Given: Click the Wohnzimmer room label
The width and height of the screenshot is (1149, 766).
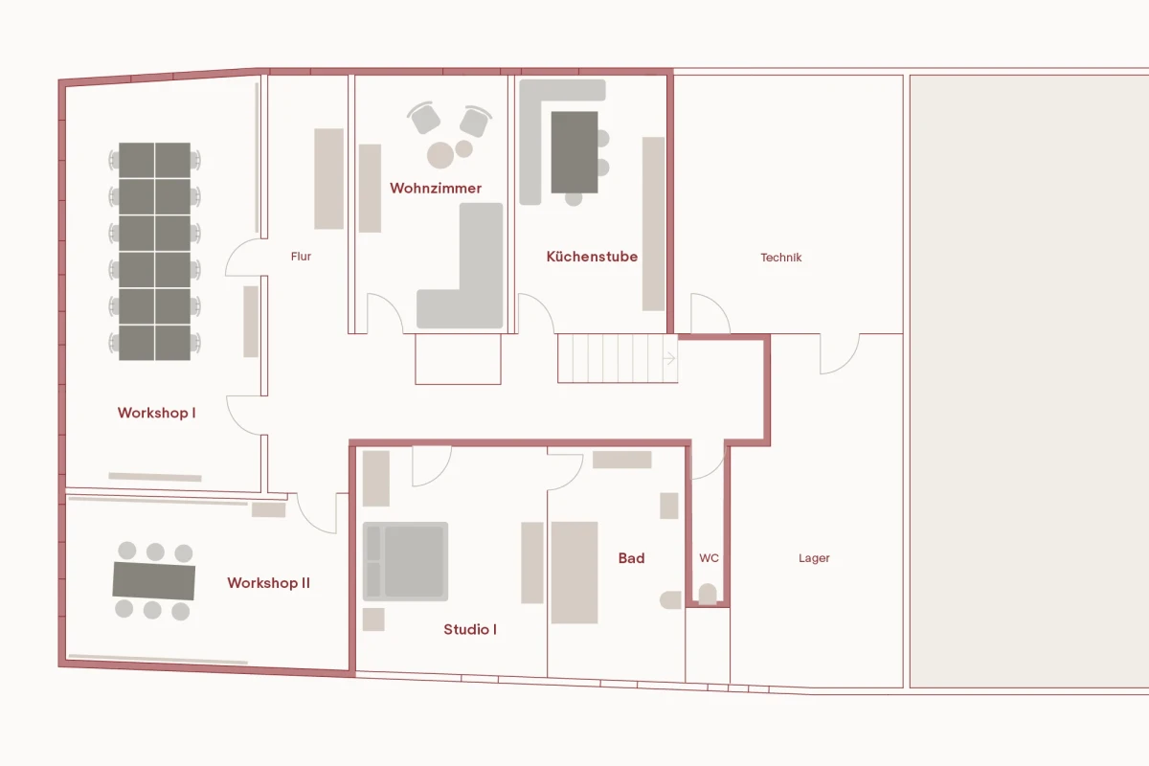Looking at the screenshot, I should (436, 189).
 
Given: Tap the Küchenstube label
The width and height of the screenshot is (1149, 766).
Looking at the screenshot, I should (592, 257).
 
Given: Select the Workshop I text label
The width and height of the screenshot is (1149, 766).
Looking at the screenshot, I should (156, 414).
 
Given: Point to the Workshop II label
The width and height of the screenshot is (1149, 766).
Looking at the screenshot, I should (268, 583).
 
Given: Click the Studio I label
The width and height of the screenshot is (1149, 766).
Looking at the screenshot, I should (469, 630).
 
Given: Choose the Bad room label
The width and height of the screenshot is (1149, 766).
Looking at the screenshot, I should (631, 558).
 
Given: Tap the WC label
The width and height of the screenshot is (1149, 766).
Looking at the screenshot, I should (709, 558).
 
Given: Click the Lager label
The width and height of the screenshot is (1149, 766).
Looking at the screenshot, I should (814, 558).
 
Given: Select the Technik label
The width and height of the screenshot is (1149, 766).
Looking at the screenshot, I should (780, 258).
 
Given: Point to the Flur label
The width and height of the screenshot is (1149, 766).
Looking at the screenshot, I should (301, 257).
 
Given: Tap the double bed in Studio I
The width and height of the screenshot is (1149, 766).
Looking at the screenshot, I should (405, 561).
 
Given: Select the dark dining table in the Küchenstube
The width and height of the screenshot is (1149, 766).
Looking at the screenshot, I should (574, 151).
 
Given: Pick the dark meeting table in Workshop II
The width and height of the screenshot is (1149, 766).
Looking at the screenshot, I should (154, 580).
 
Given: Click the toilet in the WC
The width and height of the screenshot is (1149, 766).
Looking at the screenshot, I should (707, 595).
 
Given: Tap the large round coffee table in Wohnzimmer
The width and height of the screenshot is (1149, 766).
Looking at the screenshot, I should (440, 155).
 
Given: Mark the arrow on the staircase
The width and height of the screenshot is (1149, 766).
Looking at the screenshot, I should (670, 358).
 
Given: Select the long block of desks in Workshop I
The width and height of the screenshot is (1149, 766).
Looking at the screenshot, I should (155, 251).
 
